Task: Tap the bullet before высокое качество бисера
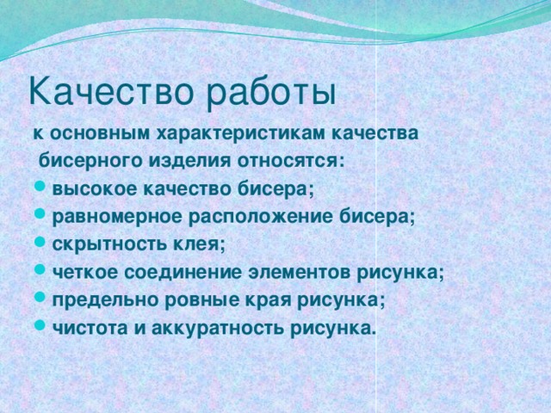pos(40,189)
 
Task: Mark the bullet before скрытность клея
pos(40,245)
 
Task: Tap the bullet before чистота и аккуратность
pos(40,328)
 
